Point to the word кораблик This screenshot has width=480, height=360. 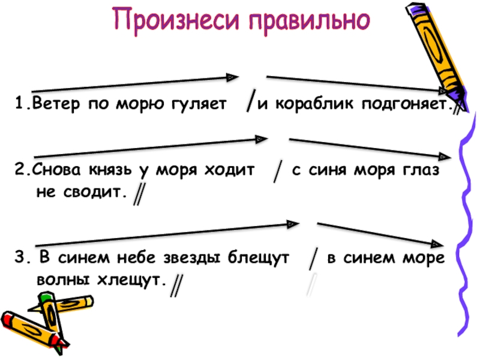[312, 106]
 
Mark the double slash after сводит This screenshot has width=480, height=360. [139, 194]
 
